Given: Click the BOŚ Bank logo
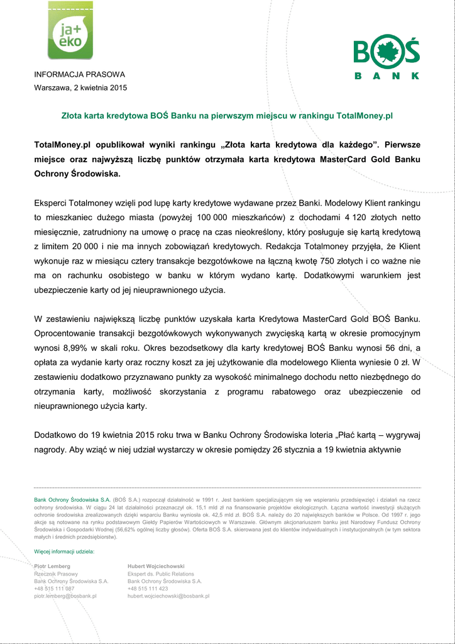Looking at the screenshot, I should point(386,58).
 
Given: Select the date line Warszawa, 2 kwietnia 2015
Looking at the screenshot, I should point(80,87).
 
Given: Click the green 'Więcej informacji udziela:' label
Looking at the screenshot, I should point(64,552).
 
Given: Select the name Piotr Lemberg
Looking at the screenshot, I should point(52,566).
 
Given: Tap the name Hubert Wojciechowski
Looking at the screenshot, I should point(156,566).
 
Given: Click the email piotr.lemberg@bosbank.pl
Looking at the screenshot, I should point(65,596).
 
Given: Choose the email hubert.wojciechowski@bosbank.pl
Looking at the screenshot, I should point(168,596).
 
